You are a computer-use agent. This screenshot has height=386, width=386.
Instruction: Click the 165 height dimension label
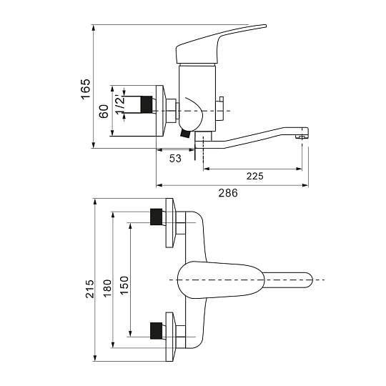86,89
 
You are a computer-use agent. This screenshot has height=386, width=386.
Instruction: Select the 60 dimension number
104,112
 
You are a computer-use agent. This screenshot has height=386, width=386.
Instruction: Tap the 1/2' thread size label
120,104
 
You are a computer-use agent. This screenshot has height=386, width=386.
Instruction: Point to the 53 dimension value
175,158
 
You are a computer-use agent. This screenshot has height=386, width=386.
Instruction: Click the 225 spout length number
255,176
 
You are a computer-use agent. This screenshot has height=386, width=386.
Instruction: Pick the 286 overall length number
228,193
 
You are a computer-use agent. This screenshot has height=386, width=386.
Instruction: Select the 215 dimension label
90,289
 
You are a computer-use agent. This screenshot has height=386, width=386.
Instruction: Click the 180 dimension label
107,288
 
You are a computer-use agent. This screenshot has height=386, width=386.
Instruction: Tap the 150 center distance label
124,285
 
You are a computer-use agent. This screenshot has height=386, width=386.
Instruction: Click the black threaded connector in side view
147,105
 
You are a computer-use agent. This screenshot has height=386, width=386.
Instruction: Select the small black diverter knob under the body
184,134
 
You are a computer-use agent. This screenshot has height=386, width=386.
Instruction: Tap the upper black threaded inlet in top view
156,217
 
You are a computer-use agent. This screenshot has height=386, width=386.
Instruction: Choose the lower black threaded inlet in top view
156,330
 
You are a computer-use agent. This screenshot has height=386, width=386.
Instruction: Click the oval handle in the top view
221,280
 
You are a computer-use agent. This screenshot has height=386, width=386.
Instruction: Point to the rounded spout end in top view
307,280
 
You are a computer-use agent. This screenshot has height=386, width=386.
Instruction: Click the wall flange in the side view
162,111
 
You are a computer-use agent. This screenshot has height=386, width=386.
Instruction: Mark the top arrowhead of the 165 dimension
94,28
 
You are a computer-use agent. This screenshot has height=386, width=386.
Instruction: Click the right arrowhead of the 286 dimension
305,185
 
